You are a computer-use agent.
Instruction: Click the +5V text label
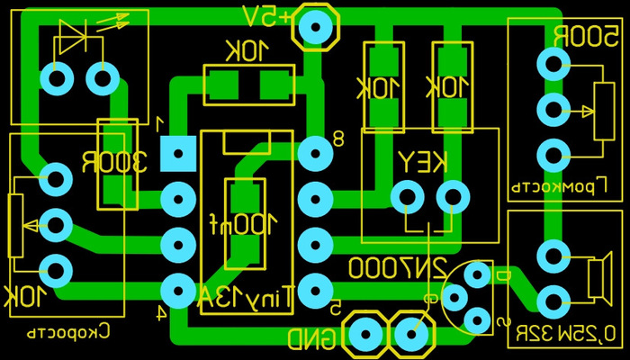267,15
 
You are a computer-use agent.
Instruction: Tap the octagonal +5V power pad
316,26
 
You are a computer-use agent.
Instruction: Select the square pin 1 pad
177,154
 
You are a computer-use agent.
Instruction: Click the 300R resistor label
116,164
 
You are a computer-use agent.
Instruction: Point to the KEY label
423,162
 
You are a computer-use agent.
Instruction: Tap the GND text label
312,339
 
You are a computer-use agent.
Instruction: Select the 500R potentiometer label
585,38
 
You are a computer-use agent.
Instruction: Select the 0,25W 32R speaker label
565,335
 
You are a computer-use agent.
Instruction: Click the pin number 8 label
338,139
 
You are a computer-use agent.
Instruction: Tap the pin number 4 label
159,313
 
